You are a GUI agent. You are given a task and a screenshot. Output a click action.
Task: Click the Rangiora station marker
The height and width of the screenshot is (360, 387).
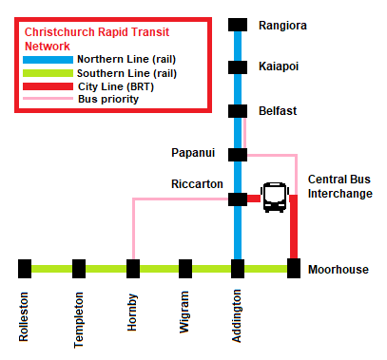click(238, 26)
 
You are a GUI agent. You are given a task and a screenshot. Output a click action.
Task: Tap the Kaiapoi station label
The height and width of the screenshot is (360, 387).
click(279, 66)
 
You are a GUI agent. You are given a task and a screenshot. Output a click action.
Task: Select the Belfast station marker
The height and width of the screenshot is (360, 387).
click(238, 111)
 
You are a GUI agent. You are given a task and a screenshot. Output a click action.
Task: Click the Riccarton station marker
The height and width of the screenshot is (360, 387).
click(238, 199)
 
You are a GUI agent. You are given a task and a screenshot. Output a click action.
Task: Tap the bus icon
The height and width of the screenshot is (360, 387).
click(274, 197)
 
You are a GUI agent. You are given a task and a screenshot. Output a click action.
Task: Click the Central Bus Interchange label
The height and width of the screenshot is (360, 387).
click(339, 186)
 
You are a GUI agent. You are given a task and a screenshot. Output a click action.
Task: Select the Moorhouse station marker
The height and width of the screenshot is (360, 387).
click(294, 269)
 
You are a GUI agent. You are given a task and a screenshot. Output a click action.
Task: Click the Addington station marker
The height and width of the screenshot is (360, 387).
click(238, 269)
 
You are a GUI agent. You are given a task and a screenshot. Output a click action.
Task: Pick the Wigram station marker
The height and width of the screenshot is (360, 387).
click(186, 269)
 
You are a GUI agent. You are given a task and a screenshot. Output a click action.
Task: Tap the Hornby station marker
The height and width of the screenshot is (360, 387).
click(133, 269)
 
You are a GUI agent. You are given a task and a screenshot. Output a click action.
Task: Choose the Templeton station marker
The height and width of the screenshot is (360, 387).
click(79, 269)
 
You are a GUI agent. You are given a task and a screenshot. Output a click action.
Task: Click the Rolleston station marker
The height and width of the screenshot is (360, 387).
click(25, 269)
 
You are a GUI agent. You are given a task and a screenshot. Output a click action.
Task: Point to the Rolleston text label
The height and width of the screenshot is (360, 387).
click(25, 317)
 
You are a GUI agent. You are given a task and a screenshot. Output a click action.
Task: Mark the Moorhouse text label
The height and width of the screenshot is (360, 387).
click(338, 270)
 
